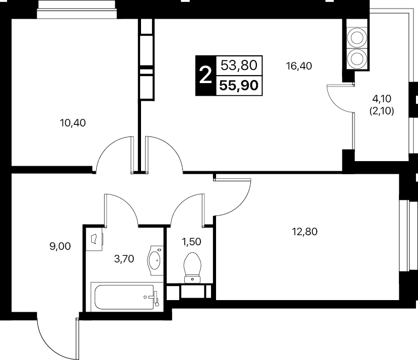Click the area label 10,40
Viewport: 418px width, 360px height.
73,123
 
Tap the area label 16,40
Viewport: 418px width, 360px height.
299,66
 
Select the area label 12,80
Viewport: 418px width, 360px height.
305,232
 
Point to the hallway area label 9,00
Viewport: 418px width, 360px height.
60,246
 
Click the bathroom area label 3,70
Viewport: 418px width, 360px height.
124,259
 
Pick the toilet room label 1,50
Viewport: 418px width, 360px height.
191,242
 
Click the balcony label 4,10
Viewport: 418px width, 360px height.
382,99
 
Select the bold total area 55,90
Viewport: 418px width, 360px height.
239,86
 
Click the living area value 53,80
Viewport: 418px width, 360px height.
239,65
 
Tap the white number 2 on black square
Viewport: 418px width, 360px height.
205,76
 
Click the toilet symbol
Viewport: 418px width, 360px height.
192,267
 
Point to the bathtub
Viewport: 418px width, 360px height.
124,297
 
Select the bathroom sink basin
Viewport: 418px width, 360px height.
154,260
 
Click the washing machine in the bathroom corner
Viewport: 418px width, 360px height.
94,239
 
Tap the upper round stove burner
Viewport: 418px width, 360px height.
357,38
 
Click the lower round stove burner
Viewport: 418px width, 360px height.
357,59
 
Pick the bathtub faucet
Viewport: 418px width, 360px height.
155,298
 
